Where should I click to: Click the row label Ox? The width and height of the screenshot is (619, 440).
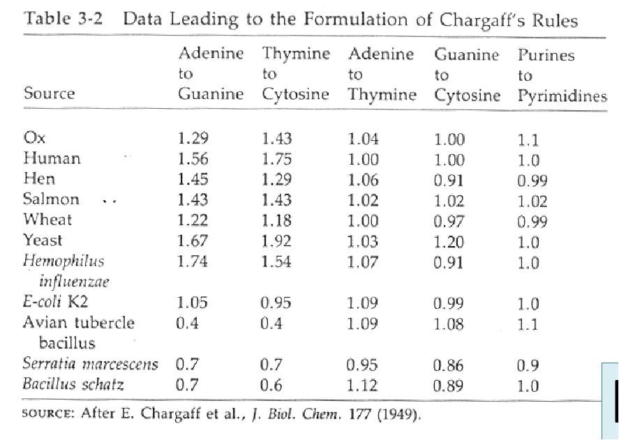[x=34, y=138]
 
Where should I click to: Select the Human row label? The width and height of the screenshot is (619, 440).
[x=52, y=158]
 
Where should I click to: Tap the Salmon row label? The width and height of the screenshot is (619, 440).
[x=51, y=199]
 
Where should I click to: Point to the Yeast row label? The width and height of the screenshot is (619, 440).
[x=43, y=241]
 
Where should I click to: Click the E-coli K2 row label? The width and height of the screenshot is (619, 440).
[x=55, y=303]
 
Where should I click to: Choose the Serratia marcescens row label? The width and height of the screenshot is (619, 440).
[x=90, y=364]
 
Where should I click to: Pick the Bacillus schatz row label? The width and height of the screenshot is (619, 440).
[x=73, y=384]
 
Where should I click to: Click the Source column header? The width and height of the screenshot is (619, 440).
[x=50, y=94]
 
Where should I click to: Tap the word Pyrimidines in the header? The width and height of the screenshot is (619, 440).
[x=562, y=96]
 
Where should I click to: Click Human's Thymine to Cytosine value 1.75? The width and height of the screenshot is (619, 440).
[x=276, y=159]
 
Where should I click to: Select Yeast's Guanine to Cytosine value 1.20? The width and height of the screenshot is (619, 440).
[x=448, y=242]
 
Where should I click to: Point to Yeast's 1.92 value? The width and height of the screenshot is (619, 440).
[x=276, y=242]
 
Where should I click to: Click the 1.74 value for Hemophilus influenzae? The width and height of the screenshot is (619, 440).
[x=193, y=262]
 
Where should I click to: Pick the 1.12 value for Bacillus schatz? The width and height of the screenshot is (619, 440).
[x=362, y=385]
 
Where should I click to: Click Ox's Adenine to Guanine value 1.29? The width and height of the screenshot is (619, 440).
[x=193, y=139]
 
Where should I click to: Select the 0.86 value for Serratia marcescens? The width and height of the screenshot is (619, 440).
[x=448, y=365]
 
